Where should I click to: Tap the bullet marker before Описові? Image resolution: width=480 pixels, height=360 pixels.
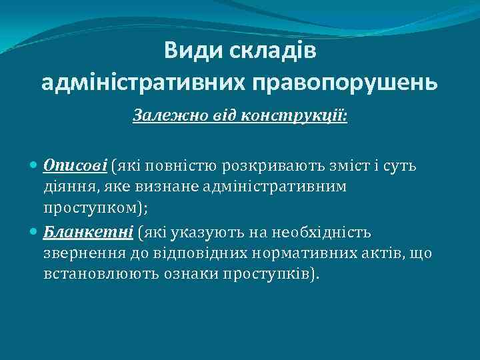[35, 165]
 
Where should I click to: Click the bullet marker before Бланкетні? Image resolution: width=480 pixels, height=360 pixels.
[35, 233]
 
